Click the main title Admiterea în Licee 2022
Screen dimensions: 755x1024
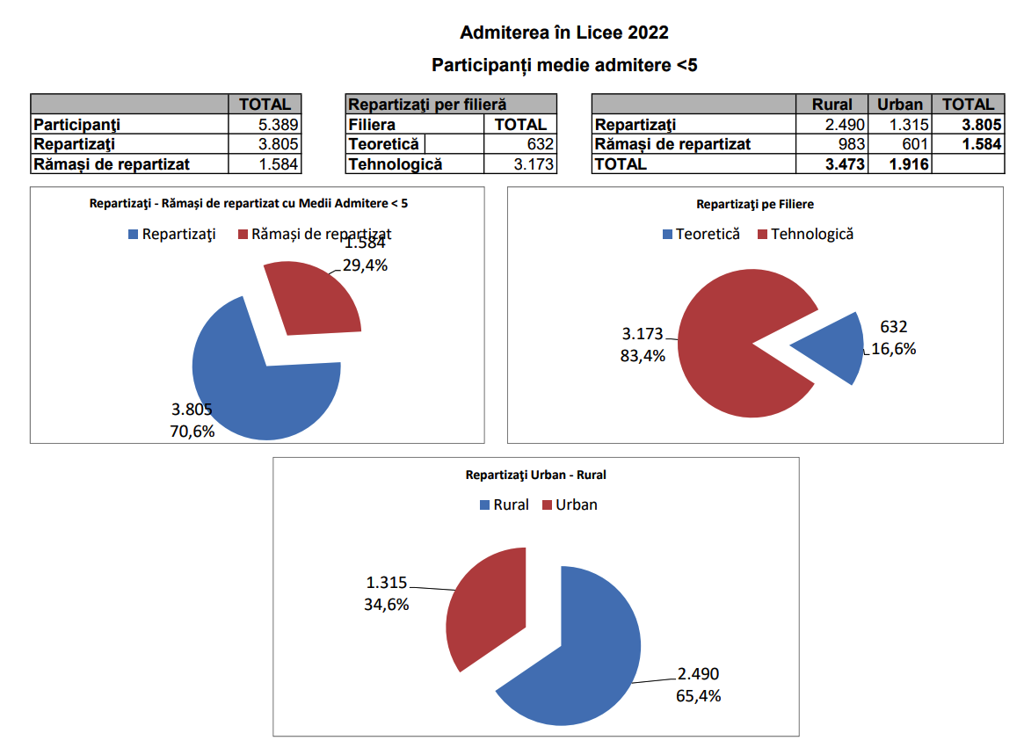564,33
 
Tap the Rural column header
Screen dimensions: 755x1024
832,105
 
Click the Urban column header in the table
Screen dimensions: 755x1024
900,105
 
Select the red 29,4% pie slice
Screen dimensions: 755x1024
312,299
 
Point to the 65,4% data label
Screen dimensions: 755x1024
698,696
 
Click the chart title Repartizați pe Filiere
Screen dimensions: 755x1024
755,204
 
